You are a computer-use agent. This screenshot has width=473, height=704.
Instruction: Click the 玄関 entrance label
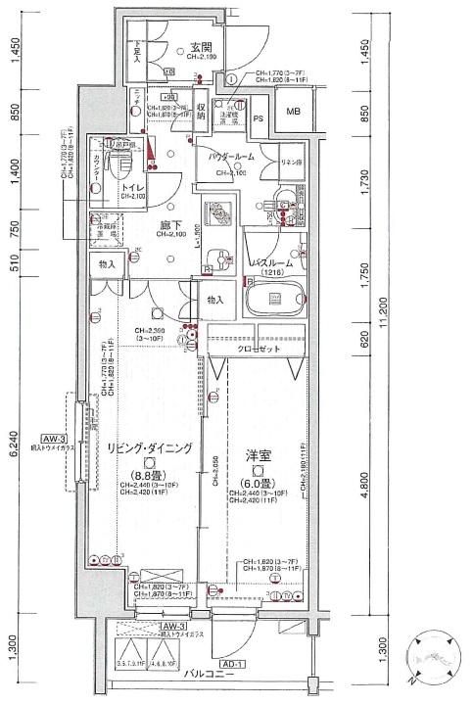tap(202, 47)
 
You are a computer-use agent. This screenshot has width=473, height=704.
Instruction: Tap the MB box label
tap(294, 112)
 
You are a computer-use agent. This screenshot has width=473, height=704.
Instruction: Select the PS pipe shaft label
tap(260, 119)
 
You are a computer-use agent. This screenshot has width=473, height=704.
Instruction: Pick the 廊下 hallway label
tap(172, 224)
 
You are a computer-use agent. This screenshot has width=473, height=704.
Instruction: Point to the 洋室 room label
tap(259, 454)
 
